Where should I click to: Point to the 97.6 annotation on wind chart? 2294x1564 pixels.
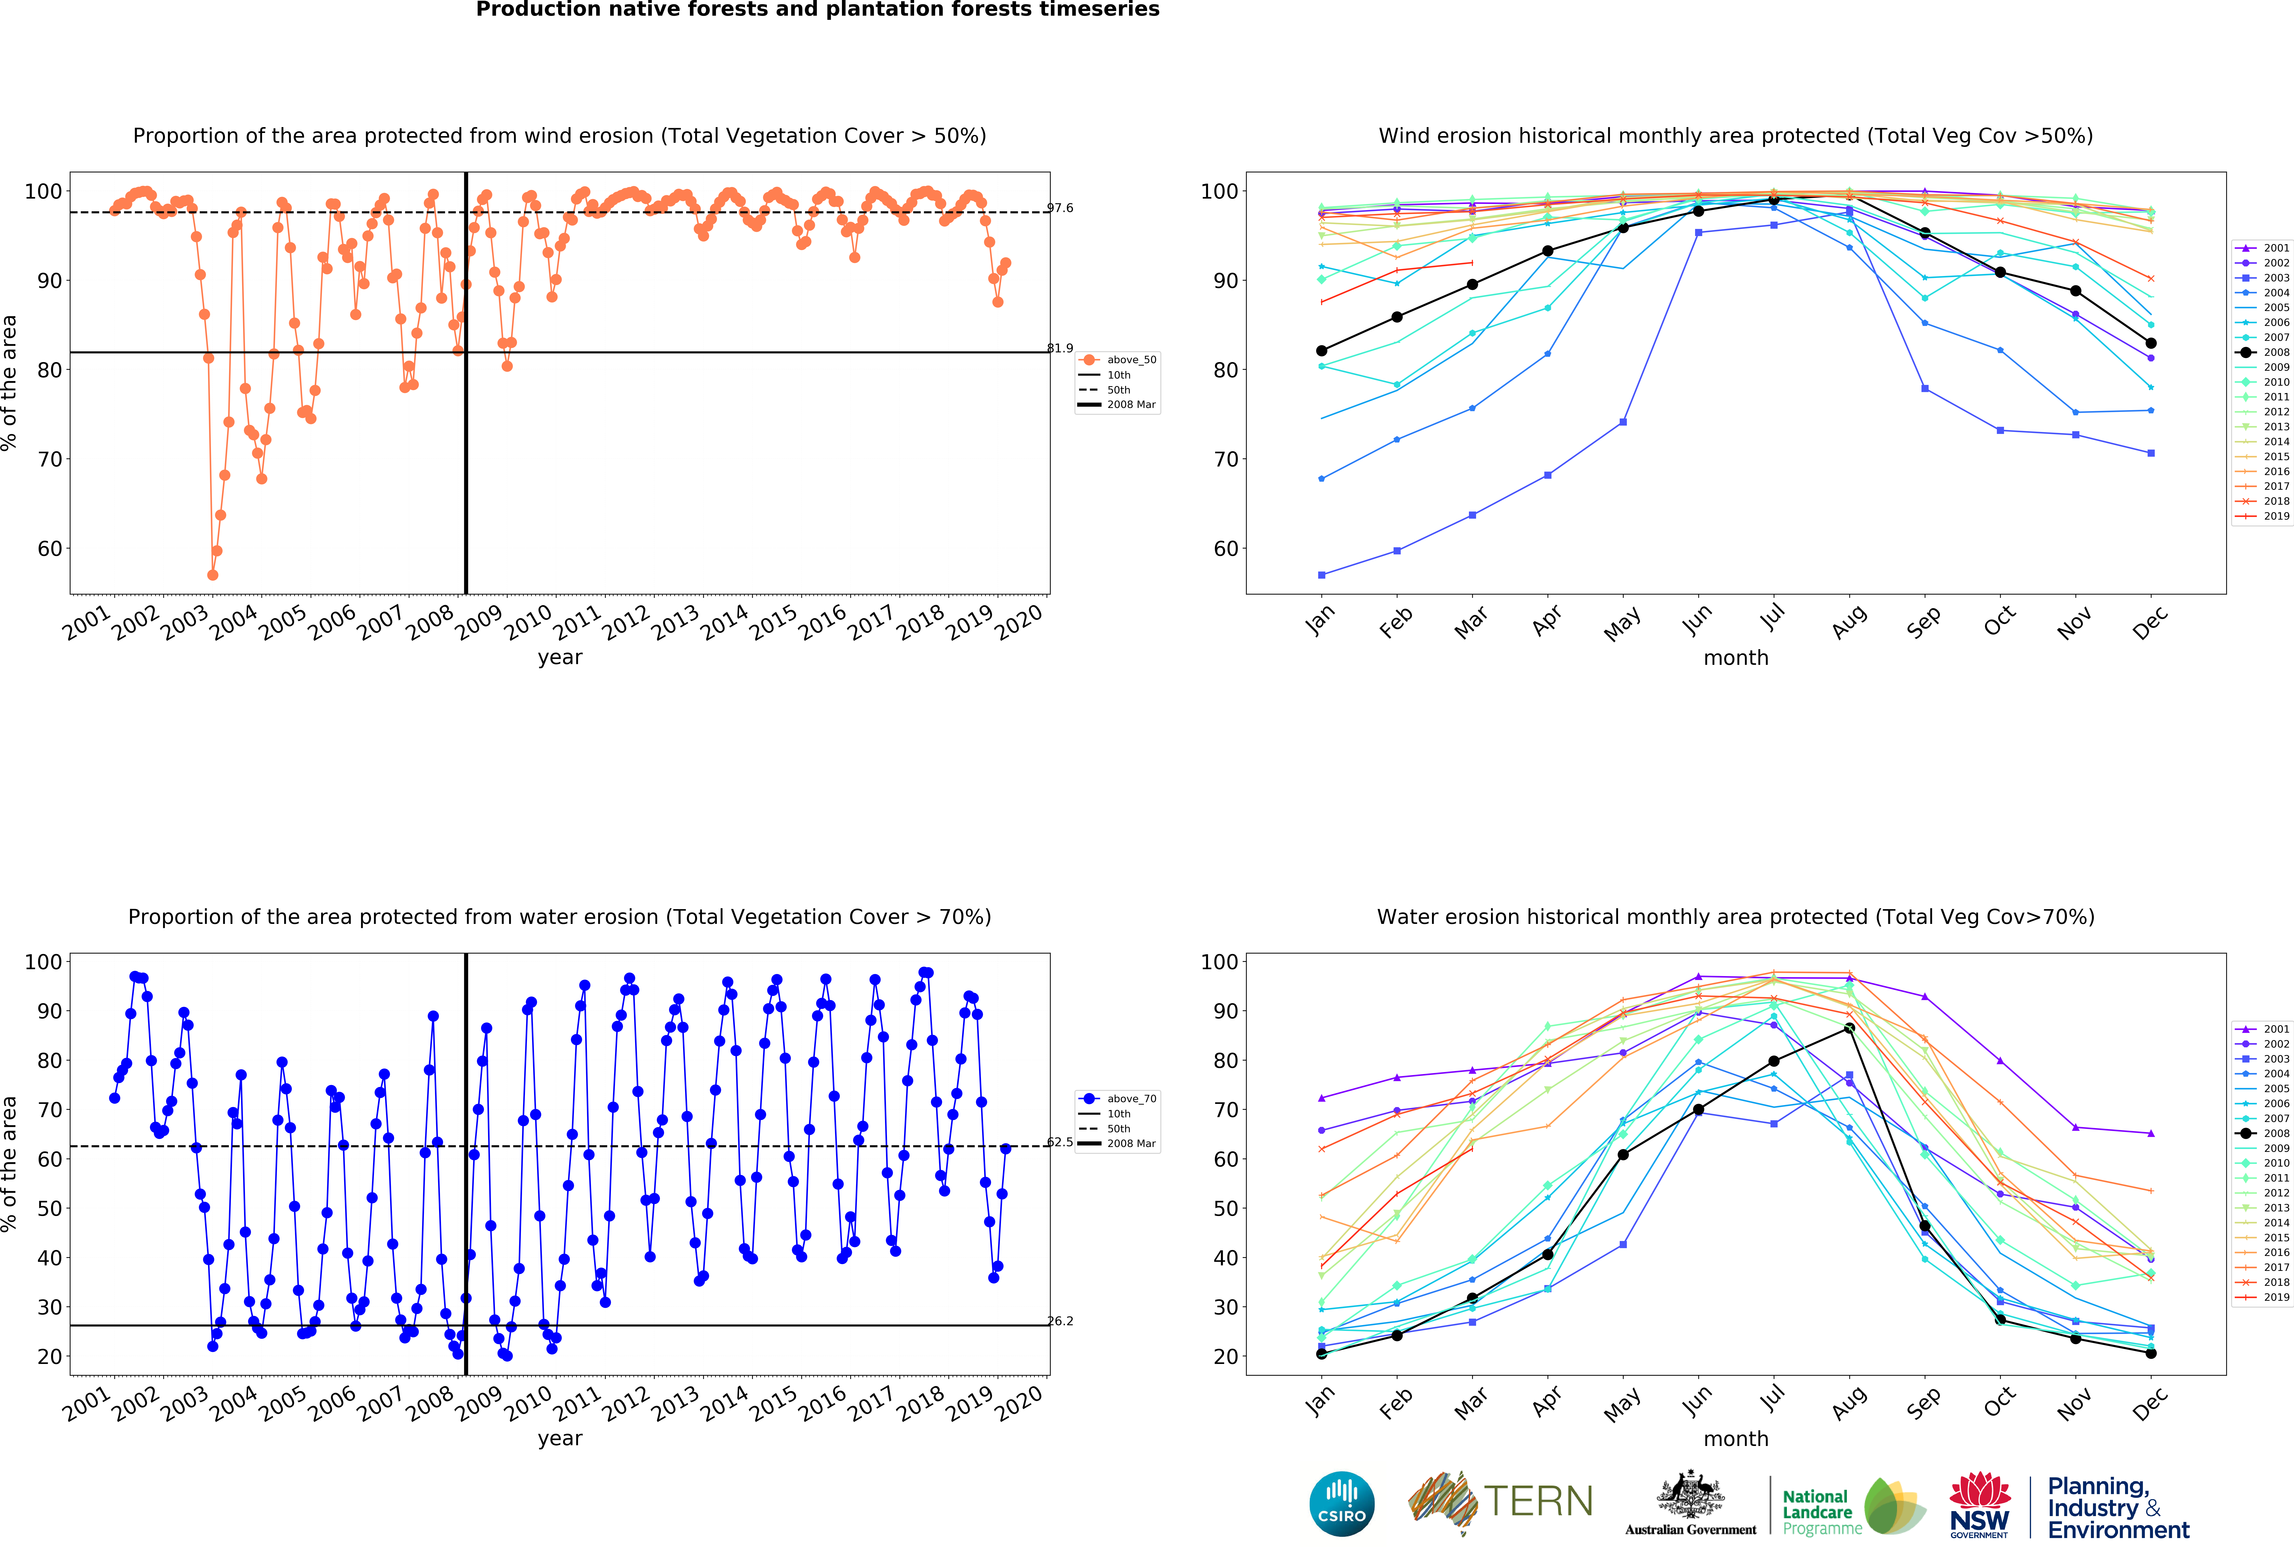[x=1060, y=208]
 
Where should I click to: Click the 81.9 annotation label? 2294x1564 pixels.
[x=1060, y=348]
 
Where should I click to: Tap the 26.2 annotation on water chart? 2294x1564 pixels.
[x=1060, y=1321]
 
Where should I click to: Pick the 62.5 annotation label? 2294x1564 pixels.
[x=1060, y=1142]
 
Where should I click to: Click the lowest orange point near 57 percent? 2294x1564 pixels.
[x=212, y=575]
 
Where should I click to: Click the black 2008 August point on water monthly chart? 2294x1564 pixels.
[x=1849, y=1028]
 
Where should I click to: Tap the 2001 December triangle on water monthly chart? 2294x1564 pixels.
[x=2151, y=1134]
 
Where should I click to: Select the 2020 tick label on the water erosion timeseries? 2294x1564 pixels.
[x=1020, y=1402]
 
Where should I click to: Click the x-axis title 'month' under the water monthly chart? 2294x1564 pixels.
[x=1735, y=1439]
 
